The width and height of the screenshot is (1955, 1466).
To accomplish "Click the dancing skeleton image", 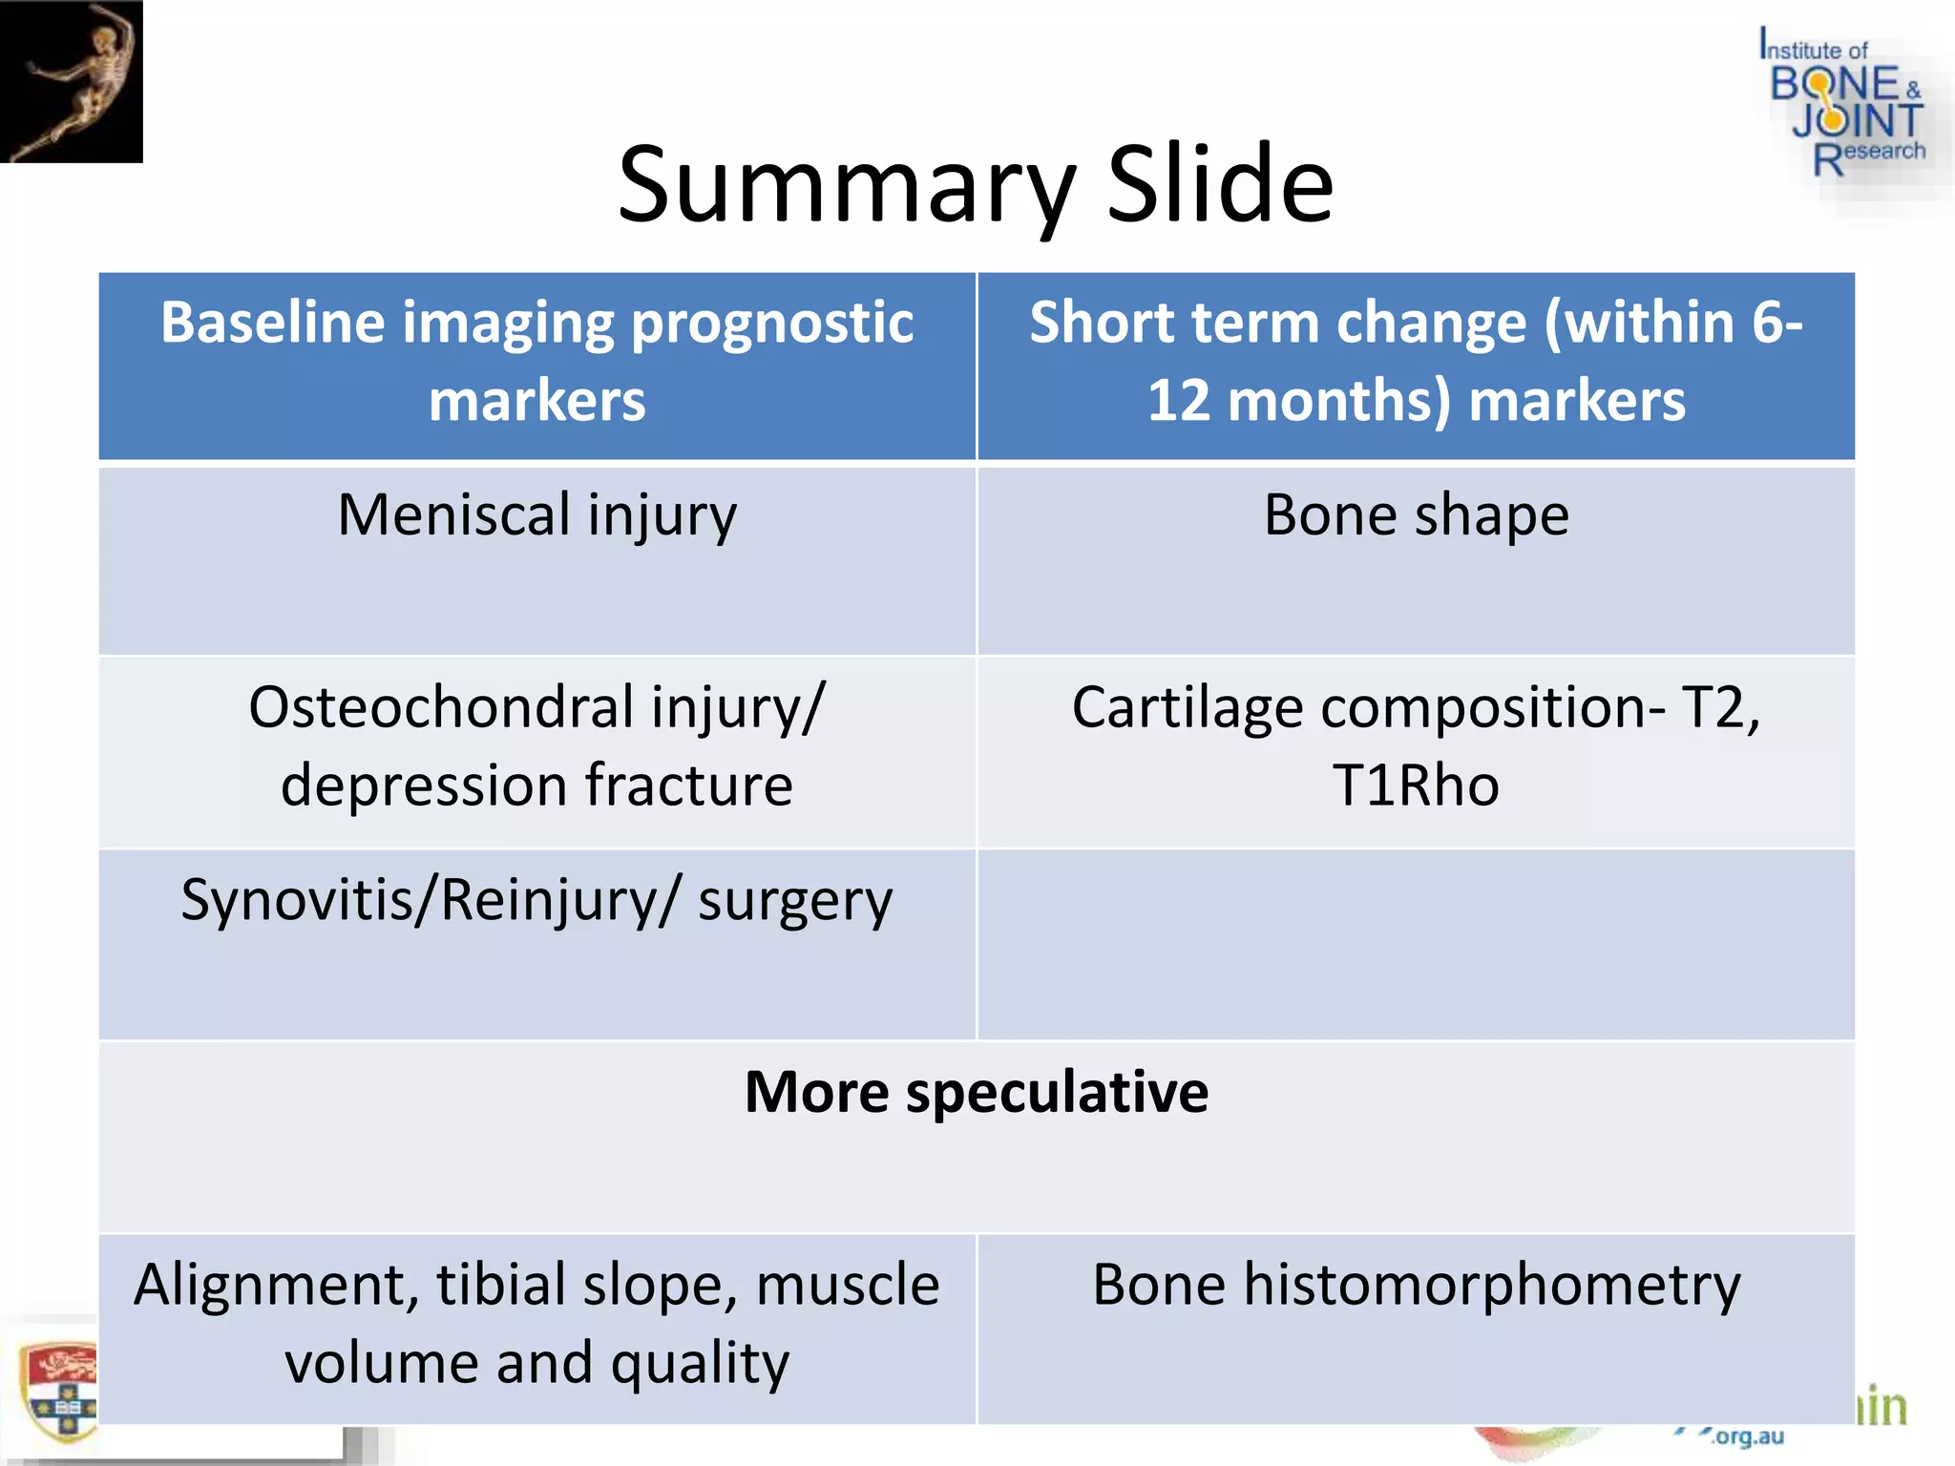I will (x=72, y=81).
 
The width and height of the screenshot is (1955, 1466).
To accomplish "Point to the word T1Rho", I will (x=1416, y=786).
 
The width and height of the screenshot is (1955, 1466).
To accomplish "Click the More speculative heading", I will (x=976, y=1092).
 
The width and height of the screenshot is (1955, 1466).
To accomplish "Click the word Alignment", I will (x=276, y=1286).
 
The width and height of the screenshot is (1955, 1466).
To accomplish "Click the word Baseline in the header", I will (x=272, y=323).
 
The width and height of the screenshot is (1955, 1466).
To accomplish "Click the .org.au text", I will (x=1747, y=1436).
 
